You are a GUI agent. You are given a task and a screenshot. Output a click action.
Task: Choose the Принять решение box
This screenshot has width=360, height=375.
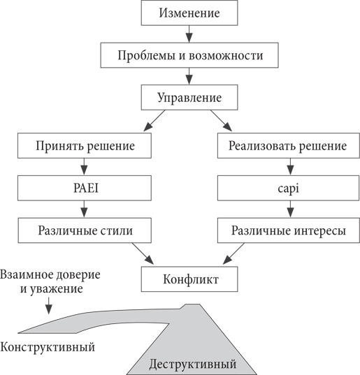point(84,147)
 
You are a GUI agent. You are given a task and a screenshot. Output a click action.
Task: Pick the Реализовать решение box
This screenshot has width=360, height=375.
point(287,147)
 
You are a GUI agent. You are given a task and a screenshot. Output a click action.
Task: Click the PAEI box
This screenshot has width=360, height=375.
point(84,188)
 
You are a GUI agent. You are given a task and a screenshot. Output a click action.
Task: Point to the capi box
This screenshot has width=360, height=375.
point(287,188)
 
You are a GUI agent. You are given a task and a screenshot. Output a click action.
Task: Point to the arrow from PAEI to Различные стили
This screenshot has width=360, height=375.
point(84,208)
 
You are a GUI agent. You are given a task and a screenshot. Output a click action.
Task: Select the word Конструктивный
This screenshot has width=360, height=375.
point(48,347)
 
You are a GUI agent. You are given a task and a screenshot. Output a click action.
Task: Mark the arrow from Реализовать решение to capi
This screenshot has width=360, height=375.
point(287,168)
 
